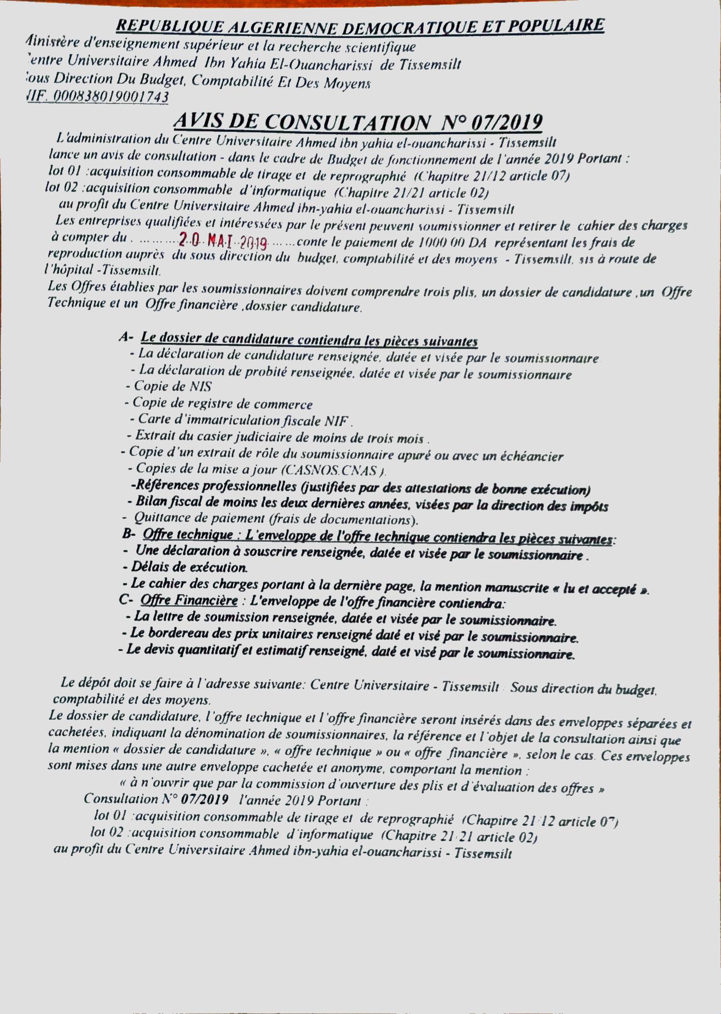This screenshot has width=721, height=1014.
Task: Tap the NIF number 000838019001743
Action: click(x=110, y=97)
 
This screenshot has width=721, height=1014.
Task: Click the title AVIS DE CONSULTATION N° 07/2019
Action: click(x=357, y=122)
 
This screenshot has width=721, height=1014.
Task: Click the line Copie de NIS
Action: click(x=169, y=386)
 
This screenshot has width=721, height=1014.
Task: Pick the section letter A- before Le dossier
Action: click(x=126, y=338)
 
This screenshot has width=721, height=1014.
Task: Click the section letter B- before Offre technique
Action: click(x=129, y=533)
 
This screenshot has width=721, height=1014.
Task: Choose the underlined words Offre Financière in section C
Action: click(x=189, y=600)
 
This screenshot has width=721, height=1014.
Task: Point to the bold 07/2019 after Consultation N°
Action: click(x=205, y=800)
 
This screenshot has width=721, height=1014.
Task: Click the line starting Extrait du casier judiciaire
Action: click(x=278, y=438)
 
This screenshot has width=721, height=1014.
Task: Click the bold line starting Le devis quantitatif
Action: click(x=347, y=652)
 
